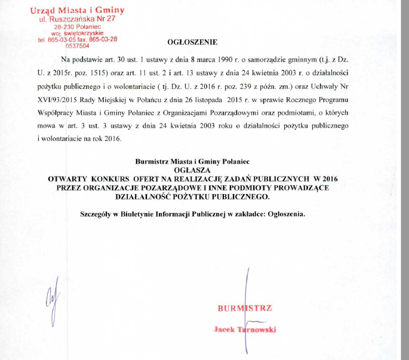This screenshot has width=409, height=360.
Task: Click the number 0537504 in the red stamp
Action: pyautogui.click(x=78, y=45)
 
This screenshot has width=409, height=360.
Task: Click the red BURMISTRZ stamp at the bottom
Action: pyautogui.click(x=245, y=309)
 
